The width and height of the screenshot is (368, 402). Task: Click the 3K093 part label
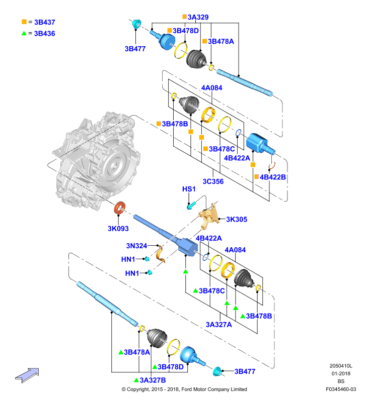pos(118,229)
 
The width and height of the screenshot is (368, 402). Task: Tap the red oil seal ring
pos(120,208)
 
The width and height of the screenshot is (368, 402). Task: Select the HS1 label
pos(189,189)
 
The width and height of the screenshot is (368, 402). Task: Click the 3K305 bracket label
pos(237,219)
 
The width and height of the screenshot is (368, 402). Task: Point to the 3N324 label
pos(136,246)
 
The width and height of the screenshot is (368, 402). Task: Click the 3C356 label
pos(213,181)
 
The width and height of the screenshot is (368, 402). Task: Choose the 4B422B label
pos(273,177)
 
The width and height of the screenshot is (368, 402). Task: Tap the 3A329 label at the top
pos(198,17)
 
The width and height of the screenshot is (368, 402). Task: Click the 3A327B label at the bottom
pos(153,380)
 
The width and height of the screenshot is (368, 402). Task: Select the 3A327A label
pos(219,325)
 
